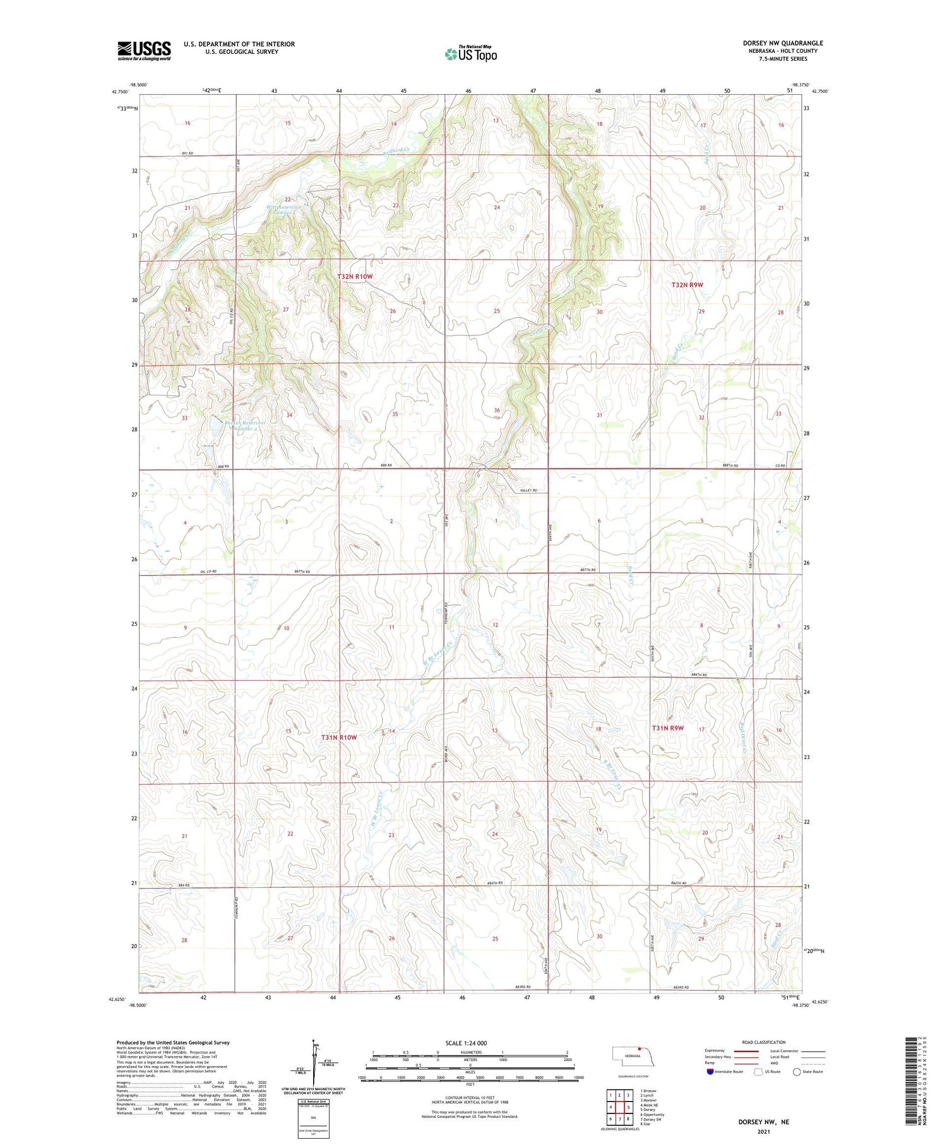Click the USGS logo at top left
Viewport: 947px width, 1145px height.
coord(144,51)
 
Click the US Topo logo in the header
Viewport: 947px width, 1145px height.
coord(470,54)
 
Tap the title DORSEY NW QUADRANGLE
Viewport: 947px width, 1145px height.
coord(782,43)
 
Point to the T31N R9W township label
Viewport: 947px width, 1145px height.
coord(668,728)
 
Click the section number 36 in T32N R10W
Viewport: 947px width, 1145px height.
coord(497,411)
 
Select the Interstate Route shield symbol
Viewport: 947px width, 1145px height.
coord(710,1072)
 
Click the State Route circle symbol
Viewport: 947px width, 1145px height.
coord(797,1072)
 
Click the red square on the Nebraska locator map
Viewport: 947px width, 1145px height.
coord(639,1050)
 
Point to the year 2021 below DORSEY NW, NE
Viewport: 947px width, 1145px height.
coord(763,1132)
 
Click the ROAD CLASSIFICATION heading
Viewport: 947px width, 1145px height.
coord(764,1042)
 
